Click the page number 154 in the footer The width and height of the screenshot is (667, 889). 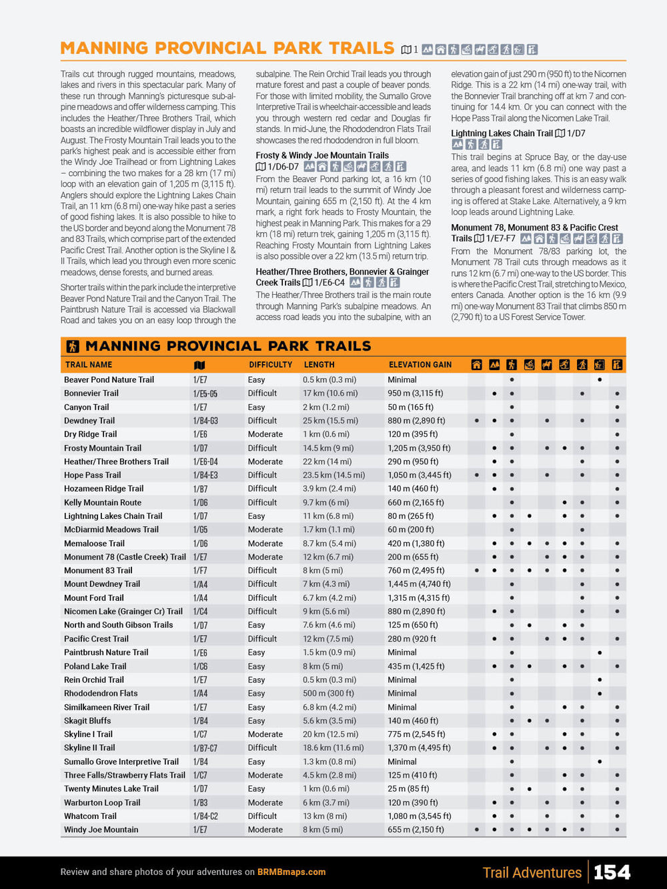coord(612,872)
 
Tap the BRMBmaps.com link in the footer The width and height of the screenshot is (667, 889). coord(291,872)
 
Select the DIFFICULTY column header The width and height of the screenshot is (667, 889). coord(270,365)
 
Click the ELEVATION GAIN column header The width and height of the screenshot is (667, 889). coord(420,365)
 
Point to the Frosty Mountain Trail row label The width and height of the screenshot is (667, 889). coord(103,448)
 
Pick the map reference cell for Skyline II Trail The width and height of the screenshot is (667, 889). coord(205,748)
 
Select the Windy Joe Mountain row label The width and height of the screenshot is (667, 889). coord(101,830)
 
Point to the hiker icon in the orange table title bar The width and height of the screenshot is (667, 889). coord(73,346)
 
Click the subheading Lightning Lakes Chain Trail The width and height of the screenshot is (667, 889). coord(502,133)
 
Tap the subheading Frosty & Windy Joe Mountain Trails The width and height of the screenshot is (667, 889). coord(322,155)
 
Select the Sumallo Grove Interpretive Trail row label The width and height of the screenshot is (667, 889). coord(121,762)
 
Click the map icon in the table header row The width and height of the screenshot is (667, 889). coord(199,365)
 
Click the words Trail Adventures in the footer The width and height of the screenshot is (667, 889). coord(532,872)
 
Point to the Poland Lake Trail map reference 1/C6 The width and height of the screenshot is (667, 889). coord(201,666)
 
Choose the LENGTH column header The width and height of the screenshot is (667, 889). coord(319,365)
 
